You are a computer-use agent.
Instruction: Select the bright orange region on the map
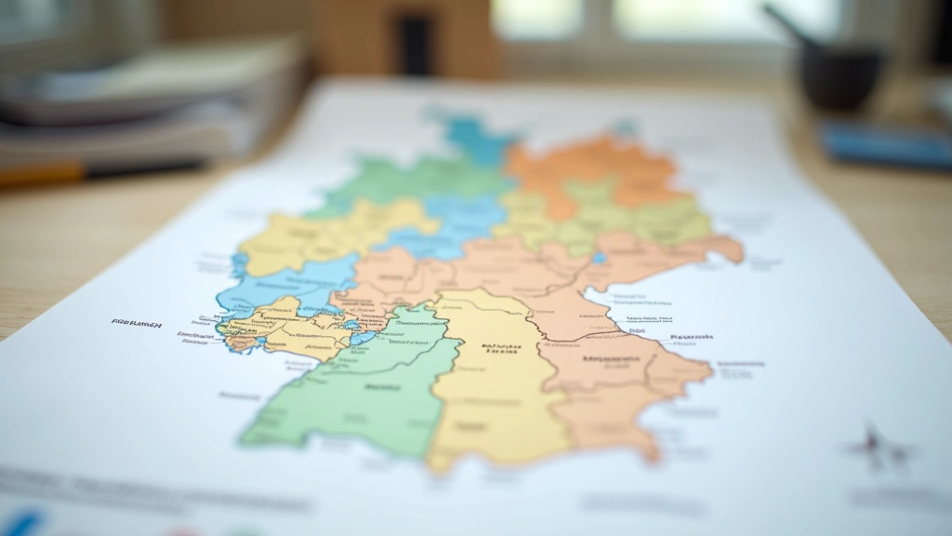pyautogui.click(x=595, y=167)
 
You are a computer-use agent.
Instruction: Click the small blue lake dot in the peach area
pyautogui.click(x=599, y=258)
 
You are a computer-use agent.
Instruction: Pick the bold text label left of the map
pyautogui.click(x=137, y=324)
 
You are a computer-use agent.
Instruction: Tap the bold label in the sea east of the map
pyautogui.click(x=690, y=337)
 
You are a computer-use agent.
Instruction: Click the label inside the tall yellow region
pyautogui.click(x=499, y=349)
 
